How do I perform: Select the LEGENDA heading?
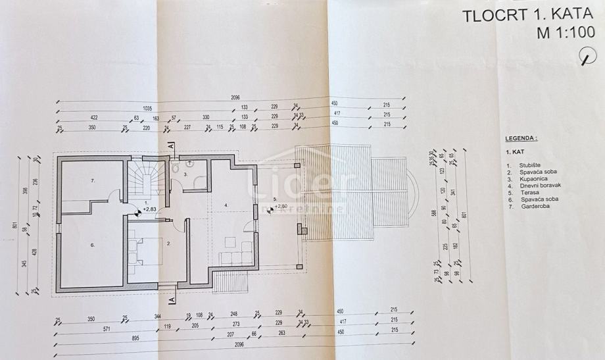(x=521, y=139)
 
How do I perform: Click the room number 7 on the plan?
(x=93, y=180)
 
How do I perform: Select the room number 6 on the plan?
(x=93, y=244)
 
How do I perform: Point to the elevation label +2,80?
(x=282, y=205)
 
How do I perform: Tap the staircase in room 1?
(x=147, y=176)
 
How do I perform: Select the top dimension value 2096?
(x=235, y=97)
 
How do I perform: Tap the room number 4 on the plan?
(x=226, y=205)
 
